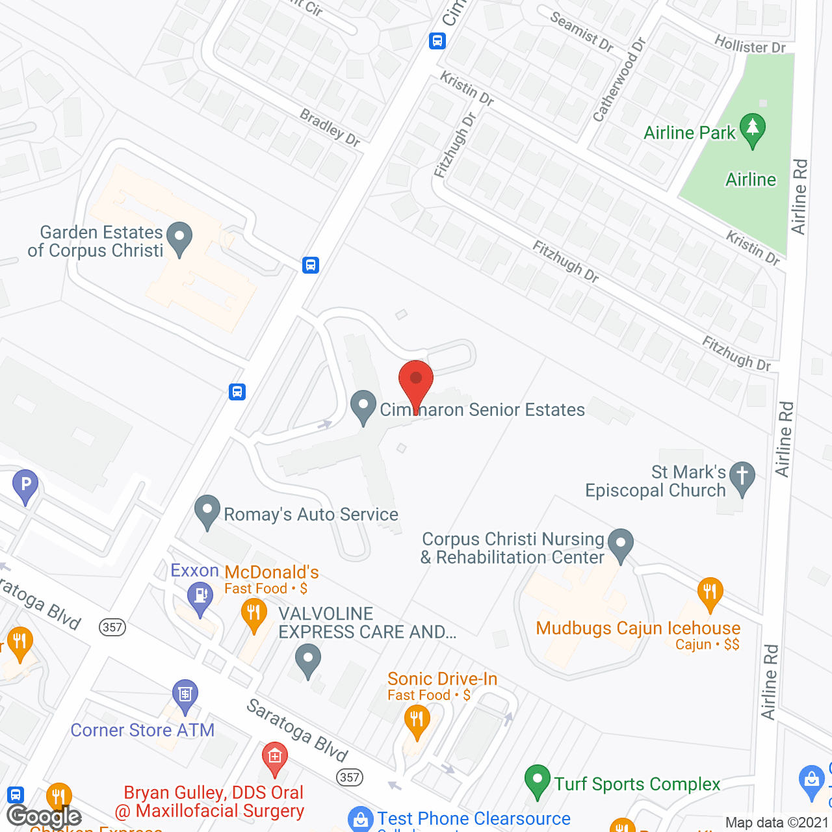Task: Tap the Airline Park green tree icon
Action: (x=752, y=129)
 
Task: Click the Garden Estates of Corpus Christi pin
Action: (x=179, y=239)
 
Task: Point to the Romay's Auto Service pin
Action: (x=207, y=512)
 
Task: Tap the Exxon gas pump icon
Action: (x=200, y=597)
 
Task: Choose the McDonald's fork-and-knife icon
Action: (x=253, y=614)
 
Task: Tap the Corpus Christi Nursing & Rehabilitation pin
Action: (x=621, y=545)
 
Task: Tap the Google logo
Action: (x=44, y=816)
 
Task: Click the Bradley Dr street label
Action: (x=330, y=127)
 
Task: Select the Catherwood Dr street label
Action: (x=619, y=80)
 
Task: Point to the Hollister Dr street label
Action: (x=749, y=45)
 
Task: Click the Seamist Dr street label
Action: (x=582, y=31)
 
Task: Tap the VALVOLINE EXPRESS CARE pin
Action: (x=308, y=660)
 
